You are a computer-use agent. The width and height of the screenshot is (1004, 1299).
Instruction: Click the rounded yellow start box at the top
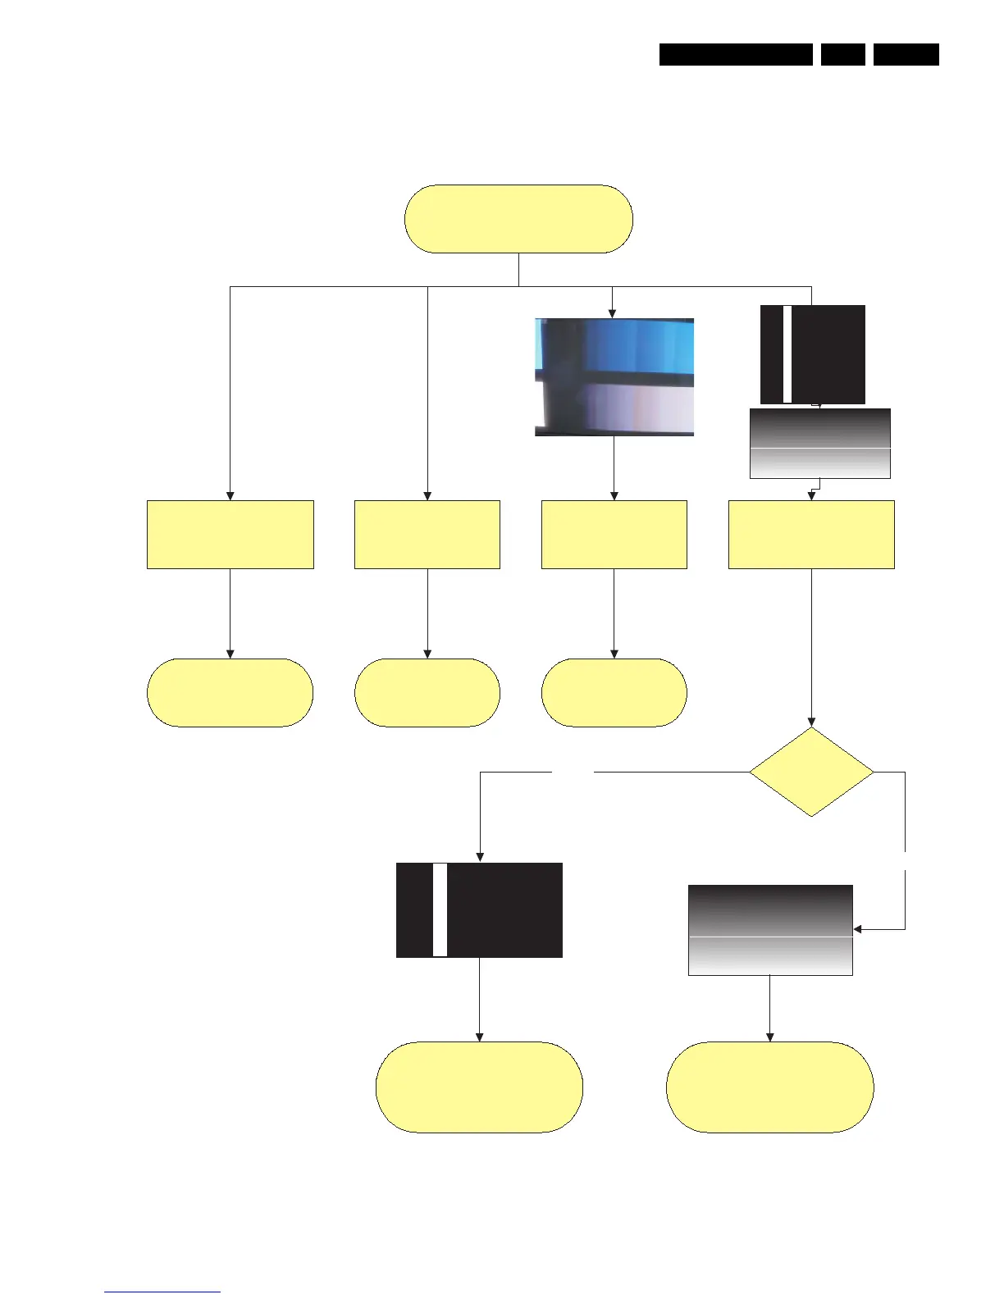click(518, 219)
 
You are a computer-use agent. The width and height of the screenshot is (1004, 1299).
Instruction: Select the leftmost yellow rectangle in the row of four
click(230, 534)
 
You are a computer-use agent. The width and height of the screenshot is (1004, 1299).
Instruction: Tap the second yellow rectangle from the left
click(427, 534)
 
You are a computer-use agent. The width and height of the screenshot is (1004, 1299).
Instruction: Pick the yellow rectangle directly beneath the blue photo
click(614, 534)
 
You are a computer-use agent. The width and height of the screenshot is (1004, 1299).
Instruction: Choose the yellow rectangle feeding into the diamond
click(811, 534)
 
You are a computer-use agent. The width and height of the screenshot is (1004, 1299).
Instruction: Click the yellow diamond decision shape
click(811, 772)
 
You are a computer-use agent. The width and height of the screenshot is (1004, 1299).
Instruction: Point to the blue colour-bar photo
click(614, 376)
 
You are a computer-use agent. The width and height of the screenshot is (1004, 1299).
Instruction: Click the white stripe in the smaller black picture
click(787, 354)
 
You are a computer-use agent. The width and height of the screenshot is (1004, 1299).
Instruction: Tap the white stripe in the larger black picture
click(440, 909)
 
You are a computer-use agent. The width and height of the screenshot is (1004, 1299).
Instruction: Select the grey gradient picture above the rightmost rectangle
click(820, 444)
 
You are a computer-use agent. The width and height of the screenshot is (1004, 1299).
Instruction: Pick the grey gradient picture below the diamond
click(770, 930)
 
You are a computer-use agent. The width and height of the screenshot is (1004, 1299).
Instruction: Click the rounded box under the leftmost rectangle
click(230, 692)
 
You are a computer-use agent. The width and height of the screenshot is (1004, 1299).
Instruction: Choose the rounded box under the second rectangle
click(427, 692)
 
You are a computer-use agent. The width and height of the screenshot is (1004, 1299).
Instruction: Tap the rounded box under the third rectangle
click(614, 692)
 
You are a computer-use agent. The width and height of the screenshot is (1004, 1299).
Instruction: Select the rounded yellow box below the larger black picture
click(479, 1087)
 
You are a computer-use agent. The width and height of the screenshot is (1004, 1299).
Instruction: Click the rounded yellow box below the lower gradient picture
click(769, 1087)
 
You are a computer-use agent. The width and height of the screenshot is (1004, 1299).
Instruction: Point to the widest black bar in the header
click(736, 54)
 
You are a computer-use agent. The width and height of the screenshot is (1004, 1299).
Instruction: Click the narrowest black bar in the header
click(842, 54)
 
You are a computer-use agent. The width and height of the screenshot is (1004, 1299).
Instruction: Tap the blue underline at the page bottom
click(162, 1292)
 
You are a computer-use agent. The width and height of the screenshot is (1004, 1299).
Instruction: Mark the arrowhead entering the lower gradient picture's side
click(858, 929)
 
